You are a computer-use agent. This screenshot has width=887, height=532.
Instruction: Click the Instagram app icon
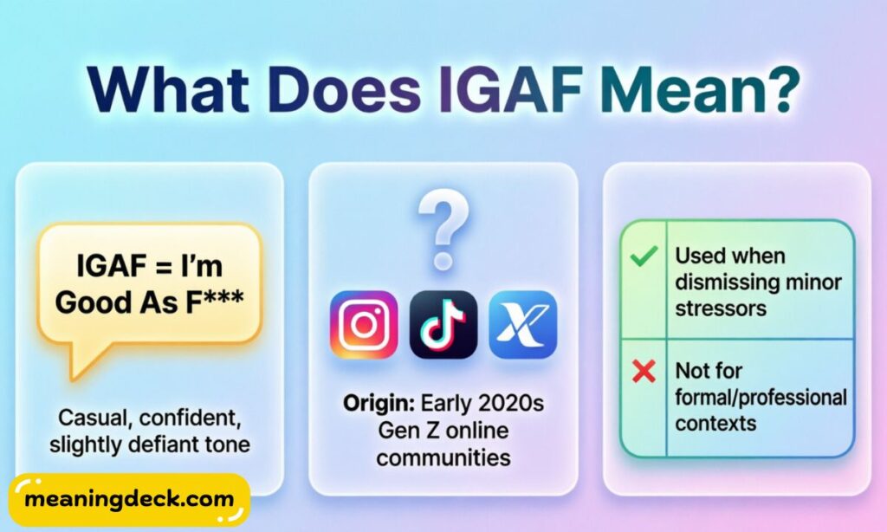(x=364, y=325)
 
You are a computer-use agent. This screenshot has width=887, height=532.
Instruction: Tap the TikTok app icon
(x=443, y=325)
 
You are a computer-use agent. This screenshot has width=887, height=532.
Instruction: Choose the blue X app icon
(x=522, y=325)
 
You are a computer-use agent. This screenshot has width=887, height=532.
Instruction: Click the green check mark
(x=644, y=256)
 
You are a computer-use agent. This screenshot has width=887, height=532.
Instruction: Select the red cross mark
(x=644, y=373)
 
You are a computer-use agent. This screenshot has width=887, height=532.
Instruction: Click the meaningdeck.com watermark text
(x=130, y=500)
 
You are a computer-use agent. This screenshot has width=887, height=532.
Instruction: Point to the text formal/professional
(x=761, y=398)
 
